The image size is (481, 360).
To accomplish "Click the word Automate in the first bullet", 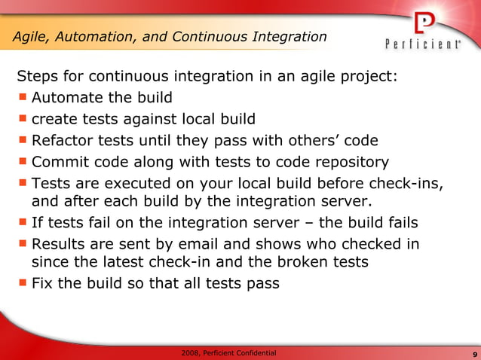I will tap(67, 98).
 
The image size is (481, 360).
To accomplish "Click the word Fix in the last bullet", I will tap(42, 284).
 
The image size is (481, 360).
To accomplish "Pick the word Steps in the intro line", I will tap(37, 77).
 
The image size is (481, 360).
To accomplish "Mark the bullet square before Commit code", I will tap(23, 161).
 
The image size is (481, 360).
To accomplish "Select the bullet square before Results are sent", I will tap(23, 244).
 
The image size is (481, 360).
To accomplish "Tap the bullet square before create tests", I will tap(23, 118).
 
